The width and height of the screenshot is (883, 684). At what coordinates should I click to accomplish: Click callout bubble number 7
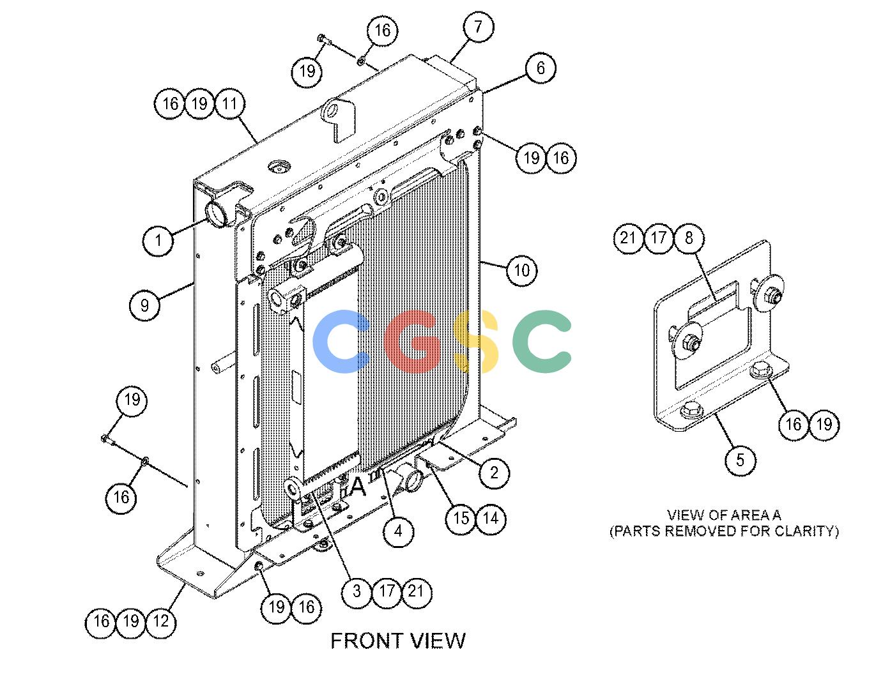point(479,27)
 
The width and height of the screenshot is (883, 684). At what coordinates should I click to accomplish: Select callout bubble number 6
point(541,68)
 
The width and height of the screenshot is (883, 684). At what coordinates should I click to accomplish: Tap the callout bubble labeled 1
point(158,241)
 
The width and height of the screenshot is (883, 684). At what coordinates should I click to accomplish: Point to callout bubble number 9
point(144,305)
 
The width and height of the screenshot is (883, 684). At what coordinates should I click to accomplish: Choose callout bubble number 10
point(522,271)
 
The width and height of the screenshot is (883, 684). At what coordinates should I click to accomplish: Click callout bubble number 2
point(494,473)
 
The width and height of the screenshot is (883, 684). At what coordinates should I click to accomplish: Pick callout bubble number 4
point(398,531)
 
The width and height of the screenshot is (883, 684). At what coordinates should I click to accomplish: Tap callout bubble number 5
point(741,460)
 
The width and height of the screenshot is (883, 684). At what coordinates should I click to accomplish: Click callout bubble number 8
point(689,238)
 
